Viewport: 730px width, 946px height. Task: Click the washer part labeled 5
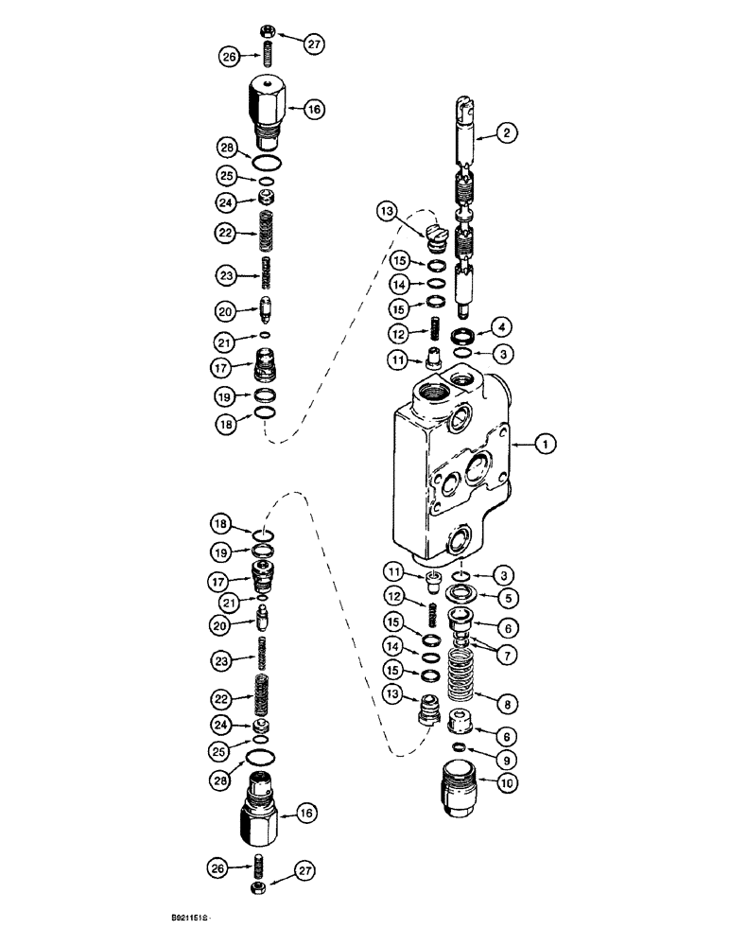pos(460,595)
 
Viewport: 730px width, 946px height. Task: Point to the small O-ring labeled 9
pos(458,748)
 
